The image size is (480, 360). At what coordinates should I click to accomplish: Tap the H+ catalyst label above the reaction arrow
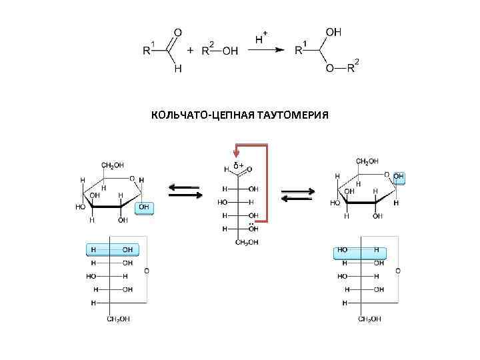262,38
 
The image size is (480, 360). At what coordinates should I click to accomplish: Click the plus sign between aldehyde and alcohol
191,51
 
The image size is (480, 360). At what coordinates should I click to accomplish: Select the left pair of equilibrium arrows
185,191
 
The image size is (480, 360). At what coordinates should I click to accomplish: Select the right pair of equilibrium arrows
296,195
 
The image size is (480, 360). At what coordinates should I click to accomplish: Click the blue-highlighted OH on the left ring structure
145,208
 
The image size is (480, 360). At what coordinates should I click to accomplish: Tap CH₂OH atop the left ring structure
111,165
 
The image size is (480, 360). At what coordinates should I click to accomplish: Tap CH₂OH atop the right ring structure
367,161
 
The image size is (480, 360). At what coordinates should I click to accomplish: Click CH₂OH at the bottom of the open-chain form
247,242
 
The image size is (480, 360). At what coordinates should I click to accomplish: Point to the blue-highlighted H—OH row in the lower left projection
112,250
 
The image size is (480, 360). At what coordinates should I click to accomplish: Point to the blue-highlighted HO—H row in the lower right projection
361,253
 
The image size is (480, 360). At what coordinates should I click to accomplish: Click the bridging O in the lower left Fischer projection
147,272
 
